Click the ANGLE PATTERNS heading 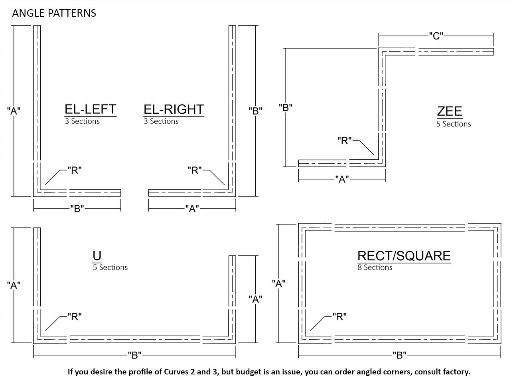[54, 13]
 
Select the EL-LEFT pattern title [91, 109]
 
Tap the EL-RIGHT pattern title [174, 109]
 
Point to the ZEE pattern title [450, 111]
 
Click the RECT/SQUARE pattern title [404, 256]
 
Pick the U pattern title [97, 255]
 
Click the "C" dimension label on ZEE [436, 36]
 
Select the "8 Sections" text [375, 267]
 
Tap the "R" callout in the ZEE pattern [344, 141]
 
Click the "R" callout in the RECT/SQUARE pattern [339, 317]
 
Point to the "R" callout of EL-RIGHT [195, 170]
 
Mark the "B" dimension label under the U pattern [134, 355]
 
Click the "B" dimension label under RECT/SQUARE [399, 355]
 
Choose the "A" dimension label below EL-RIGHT [192, 209]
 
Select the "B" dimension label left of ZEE [286, 108]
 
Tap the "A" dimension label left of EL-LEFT [14, 111]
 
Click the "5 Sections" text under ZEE [454, 124]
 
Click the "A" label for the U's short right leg [255, 299]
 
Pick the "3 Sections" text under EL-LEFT [82, 121]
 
